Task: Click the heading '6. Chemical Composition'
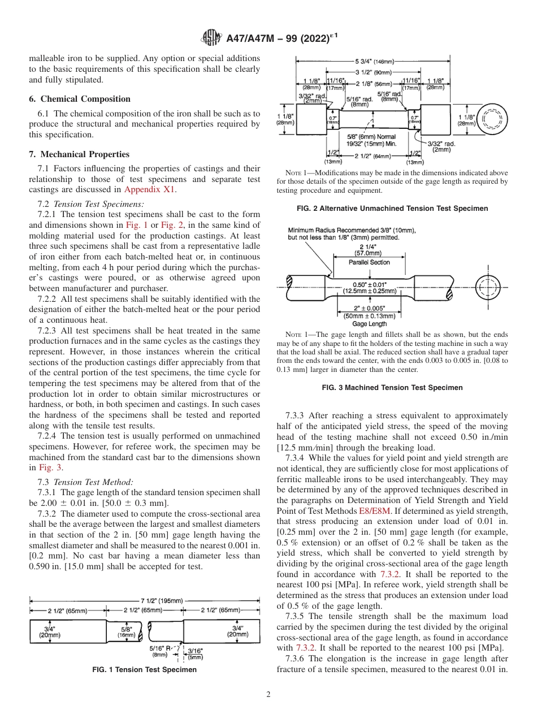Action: coord(80,99)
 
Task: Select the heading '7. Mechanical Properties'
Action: coord(79,154)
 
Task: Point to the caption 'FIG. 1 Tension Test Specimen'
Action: coord(144,670)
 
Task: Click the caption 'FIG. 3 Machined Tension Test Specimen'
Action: coord(392,388)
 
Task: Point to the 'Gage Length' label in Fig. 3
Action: coord(370,324)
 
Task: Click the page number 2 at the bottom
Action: coord(268,695)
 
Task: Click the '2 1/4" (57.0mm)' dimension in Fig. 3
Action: coord(370,250)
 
